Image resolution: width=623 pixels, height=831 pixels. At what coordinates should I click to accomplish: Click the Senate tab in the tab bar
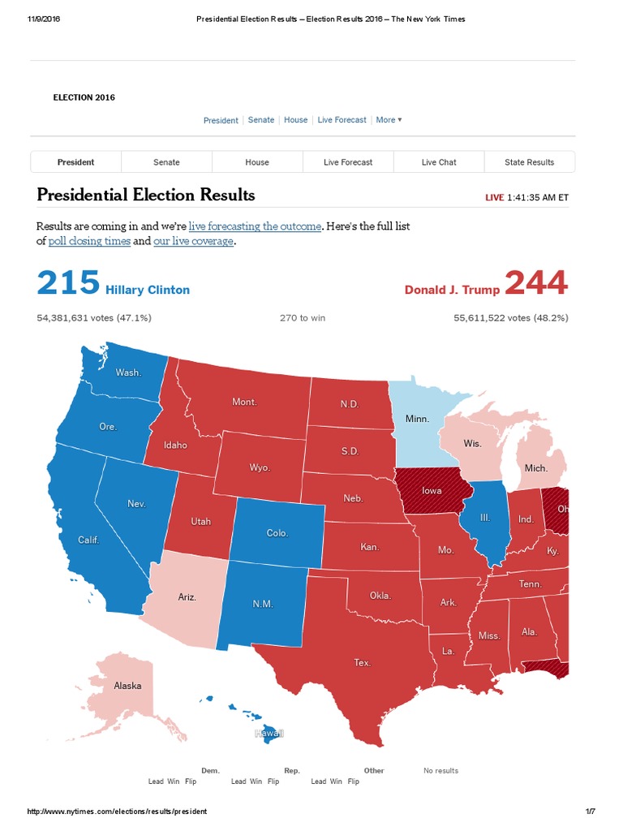tap(166, 162)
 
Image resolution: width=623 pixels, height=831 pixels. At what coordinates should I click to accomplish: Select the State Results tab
tap(529, 162)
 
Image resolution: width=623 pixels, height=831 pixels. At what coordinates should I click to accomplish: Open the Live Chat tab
tap(439, 162)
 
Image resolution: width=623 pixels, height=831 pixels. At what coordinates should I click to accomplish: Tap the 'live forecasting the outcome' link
tap(255, 225)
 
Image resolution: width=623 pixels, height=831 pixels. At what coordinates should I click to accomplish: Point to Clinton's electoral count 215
tap(68, 284)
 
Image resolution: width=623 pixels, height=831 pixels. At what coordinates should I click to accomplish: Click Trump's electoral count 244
tap(536, 284)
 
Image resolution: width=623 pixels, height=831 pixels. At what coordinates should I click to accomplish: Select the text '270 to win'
tap(303, 318)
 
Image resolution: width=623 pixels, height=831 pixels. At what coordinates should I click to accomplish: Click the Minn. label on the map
tap(417, 419)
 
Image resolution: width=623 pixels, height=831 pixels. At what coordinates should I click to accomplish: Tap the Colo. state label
tap(277, 533)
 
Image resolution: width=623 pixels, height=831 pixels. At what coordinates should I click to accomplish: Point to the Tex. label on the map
tap(362, 663)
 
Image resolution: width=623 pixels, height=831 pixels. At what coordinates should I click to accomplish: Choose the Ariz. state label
tap(187, 596)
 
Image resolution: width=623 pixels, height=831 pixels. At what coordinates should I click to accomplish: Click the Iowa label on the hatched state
tap(432, 491)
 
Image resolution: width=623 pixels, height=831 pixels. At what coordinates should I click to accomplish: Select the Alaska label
tap(127, 686)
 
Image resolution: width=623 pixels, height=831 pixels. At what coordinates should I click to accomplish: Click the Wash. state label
tap(128, 372)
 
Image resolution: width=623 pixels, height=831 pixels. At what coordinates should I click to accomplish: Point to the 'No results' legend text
tap(440, 771)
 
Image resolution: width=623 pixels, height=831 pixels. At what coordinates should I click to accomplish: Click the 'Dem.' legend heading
tap(210, 771)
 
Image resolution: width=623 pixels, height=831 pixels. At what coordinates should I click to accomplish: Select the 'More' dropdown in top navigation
tap(389, 120)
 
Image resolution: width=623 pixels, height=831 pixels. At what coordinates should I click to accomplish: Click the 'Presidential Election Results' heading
tap(146, 195)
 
